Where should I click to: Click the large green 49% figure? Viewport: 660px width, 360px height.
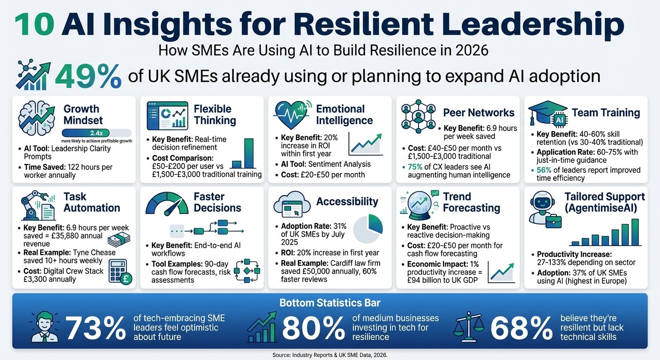click(88, 76)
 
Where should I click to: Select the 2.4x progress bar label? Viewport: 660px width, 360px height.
click(96, 133)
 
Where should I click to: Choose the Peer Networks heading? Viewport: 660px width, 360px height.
click(479, 112)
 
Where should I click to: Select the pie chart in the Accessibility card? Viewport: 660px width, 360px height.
click(368, 228)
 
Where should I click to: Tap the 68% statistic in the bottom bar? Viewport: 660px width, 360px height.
click(520, 328)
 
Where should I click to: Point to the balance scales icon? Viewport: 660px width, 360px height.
click(469, 326)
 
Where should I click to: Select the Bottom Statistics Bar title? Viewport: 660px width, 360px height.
click(330, 302)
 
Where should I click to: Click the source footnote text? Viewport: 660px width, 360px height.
click(330, 355)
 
